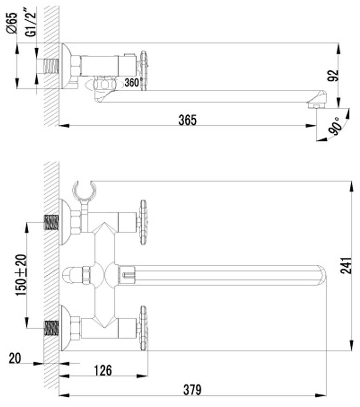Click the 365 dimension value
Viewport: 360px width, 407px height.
pyautogui.click(x=187, y=120)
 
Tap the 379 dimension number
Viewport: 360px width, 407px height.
pyautogui.click(x=192, y=389)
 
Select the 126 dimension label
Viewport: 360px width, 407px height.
pyautogui.click(x=103, y=370)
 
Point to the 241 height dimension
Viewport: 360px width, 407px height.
pyautogui.click(x=346, y=265)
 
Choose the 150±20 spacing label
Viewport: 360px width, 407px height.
pyautogui.click(x=22, y=275)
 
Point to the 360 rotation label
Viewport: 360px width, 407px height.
pyautogui.click(x=132, y=83)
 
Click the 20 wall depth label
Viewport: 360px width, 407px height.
pyautogui.click(x=15, y=358)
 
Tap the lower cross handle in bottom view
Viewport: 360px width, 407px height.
pyautogui.click(x=143, y=328)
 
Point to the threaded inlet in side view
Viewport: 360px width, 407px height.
pyautogui.click(x=51, y=66)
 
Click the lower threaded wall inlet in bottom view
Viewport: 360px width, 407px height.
pyautogui.click(x=51, y=328)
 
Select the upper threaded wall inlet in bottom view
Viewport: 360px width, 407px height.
pyautogui.click(x=51, y=222)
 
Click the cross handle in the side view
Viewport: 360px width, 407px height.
pyautogui.click(x=143, y=71)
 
